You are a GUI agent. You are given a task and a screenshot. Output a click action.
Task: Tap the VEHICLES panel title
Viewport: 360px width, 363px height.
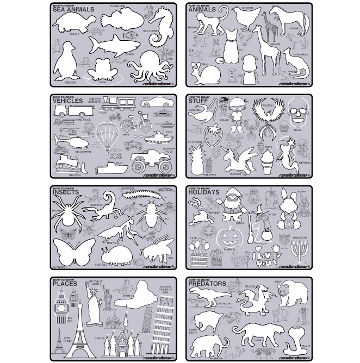tap(68, 101)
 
